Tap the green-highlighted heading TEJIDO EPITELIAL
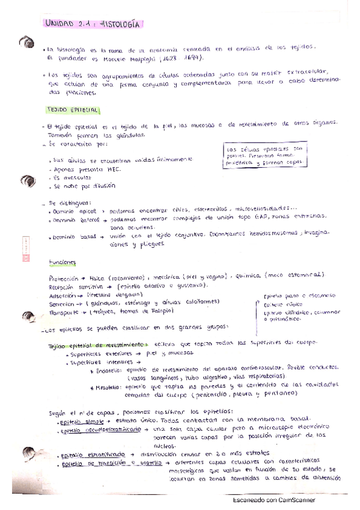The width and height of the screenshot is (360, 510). click(x=73, y=111)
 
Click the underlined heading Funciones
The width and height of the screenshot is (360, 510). click(x=63, y=262)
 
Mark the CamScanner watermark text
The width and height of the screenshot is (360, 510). click(x=273, y=499)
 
